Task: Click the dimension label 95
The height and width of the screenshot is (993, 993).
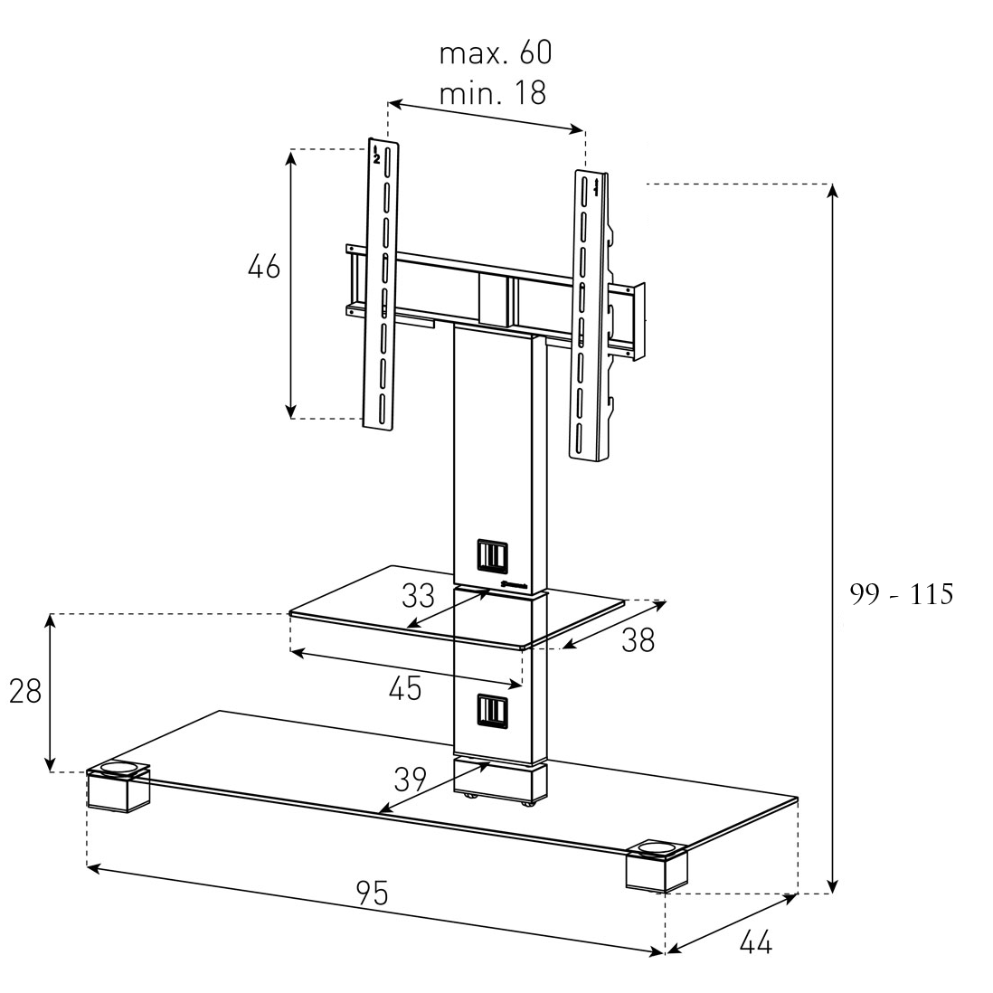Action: point(373,894)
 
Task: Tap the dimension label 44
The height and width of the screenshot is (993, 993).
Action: point(755,943)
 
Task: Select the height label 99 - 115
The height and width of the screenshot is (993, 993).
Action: point(901,594)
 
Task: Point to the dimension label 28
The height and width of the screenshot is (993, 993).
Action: point(25,691)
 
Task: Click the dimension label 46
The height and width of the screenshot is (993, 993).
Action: point(264,267)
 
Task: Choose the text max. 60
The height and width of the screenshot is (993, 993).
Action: point(496,52)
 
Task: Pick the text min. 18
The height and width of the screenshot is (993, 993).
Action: point(492,93)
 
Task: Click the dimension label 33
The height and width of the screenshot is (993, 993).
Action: point(418,595)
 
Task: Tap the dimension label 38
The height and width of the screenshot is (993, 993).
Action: point(638,641)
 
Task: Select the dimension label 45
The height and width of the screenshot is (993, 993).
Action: point(405,688)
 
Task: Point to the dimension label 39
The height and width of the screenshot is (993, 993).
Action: point(411,780)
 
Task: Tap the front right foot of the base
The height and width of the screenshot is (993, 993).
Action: point(657,865)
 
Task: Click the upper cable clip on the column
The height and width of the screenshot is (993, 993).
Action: point(492,555)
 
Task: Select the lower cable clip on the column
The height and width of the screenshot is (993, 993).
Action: point(492,711)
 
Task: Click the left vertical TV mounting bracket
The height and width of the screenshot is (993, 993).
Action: point(381,285)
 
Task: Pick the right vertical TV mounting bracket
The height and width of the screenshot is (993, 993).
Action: point(591,316)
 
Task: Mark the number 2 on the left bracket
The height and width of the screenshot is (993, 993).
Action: point(376,158)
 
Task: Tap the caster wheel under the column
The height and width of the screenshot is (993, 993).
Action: point(527,803)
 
